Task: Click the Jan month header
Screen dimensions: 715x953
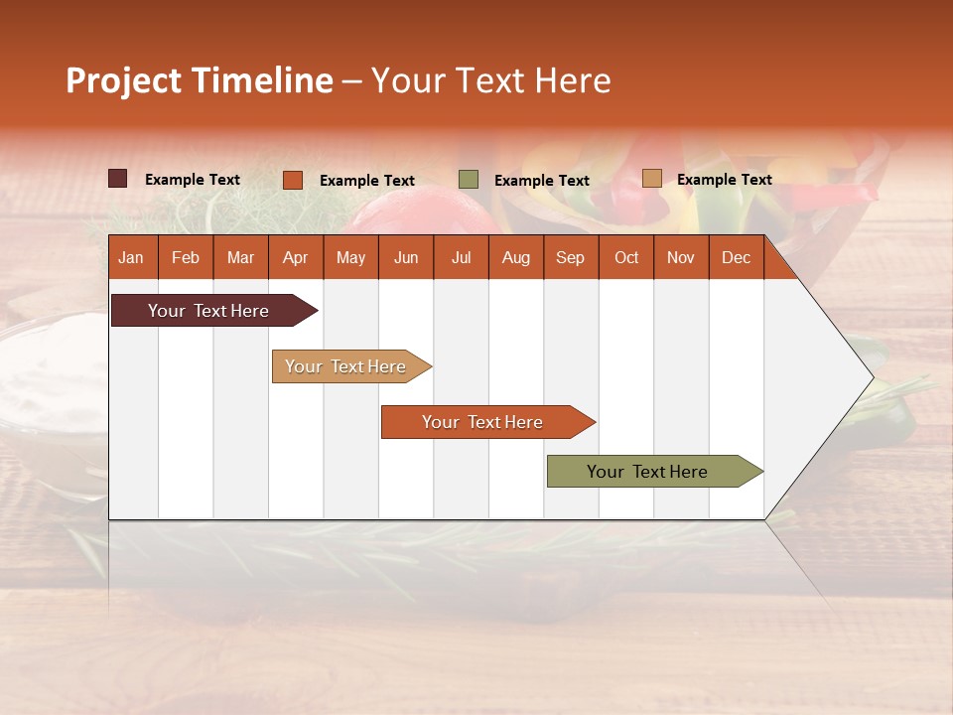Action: pyautogui.click(x=131, y=257)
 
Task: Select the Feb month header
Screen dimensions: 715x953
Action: pyautogui.click(x=186, y=257)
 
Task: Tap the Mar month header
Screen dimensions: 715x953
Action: pyautogui.click(x=240, y=257)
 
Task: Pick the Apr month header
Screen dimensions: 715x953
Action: pyautogui.click(x=295, y=257)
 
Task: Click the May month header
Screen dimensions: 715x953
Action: pyautogui.click(x=350, y=257)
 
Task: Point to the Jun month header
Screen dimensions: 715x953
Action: pyautogui.click(x=406, y=257)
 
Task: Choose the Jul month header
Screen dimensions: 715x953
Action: pyautogui.click(x=461, y=257)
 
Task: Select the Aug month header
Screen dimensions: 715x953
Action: pyautogui.click(x=515, y=257)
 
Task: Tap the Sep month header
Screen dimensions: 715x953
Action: pyautogui.click(x=570, y=257)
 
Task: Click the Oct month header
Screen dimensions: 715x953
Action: pyautogui.click(x=626, y=257)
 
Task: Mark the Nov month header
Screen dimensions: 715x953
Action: pyautogui.click(x=681, y=257)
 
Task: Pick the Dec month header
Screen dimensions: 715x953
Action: pyautogui.click(x=736, y=257)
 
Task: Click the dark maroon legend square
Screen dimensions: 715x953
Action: pyautogui.click(x=118, y=179)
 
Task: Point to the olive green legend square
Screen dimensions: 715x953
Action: pyautogui.click(x=469, y=180)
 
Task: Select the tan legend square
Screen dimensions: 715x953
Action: pyautogui.click(x=652, y=179)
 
